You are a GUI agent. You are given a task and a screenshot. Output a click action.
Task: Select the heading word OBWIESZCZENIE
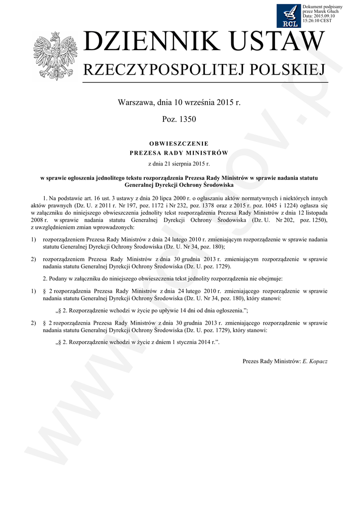pos(179,143)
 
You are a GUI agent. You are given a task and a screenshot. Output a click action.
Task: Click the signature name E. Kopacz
pos(315,361)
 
